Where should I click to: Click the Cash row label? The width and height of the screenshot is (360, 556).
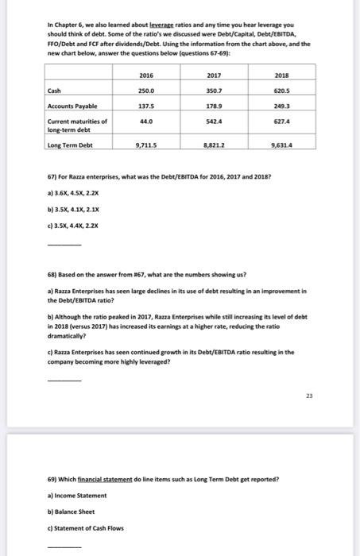(54, 90)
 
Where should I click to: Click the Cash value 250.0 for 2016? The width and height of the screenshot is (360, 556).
(146, 90)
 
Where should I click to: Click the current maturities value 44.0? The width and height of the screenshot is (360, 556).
(146, 120)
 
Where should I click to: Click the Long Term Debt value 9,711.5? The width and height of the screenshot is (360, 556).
(146, 146)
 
